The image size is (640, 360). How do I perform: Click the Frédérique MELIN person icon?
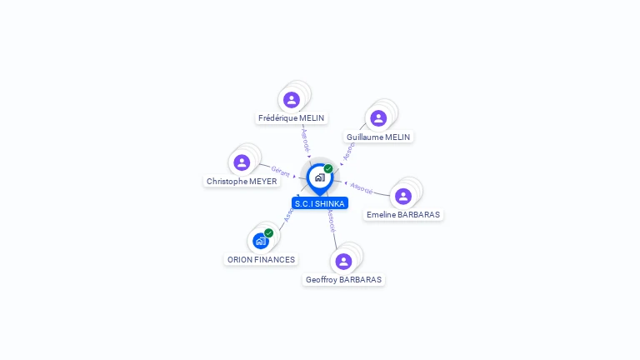pos(291,100)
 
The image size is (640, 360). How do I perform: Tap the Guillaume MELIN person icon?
pos(378,118)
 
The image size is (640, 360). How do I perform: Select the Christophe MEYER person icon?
pos(242,162)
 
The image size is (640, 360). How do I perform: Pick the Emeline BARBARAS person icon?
pos(403,197)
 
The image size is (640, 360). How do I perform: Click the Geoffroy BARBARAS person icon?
pos(343,262)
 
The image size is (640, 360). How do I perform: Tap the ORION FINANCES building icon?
pos(261,241)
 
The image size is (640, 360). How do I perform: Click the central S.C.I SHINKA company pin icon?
pos(319,177)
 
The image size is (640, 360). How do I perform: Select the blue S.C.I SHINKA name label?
pos(320,203)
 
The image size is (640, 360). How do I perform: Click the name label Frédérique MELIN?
pos(291,118)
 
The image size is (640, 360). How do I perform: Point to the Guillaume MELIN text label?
pos(378,137)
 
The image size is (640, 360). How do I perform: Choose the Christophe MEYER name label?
pos(242,181)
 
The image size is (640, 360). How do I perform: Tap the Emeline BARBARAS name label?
pos(403,215)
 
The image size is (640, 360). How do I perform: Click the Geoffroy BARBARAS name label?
pos(343,280)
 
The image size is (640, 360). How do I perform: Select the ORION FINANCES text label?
pos(261,259)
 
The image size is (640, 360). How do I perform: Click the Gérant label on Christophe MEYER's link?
pos(281,172)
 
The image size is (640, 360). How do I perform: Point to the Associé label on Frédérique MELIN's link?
pos(305,137)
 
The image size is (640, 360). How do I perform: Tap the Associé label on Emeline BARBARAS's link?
pos(362,187)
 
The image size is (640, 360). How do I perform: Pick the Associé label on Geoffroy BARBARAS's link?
pos(332,219)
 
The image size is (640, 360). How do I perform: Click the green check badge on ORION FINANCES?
pos(269,233)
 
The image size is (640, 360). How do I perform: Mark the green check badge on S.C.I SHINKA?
pos(328,169)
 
